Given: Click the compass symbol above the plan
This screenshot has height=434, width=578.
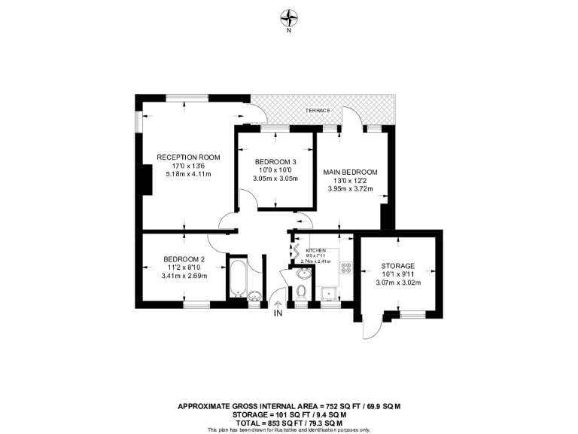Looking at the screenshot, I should pyautogui.click(x=289, y=16).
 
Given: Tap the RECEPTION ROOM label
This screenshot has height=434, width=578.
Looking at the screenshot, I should pyautogui.click(x=188, y=157).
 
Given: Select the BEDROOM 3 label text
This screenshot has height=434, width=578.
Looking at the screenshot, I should pyautogui.click(x=275, y=162).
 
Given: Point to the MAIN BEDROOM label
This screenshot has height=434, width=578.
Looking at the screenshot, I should pyautogui.click(x=350, y=172).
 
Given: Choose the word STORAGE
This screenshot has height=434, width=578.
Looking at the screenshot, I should pyautogui.click(x=398, y=266).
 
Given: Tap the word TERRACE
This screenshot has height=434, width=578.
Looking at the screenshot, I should pyautogui.click(x=318, y=111).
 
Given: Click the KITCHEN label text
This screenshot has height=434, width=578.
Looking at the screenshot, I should pyautogui.click(x=315, y=249).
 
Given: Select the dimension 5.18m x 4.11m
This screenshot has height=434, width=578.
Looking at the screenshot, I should pyautogui.click(x=188, y=174).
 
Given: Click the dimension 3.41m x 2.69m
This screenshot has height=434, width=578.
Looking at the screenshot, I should pyautogui.click(x=184, y=276).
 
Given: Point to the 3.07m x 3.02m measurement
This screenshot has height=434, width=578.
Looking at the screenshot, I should pyautogui.click(x=398, y=283).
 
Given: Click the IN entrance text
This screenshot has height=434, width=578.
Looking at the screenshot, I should pyautogui.click(x=278, y=313).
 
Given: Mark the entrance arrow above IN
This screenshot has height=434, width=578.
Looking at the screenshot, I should pyautogui.click(x=278, y=303).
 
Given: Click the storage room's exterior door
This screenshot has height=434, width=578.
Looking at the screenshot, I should pyautogui.click(x=370, y=325).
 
